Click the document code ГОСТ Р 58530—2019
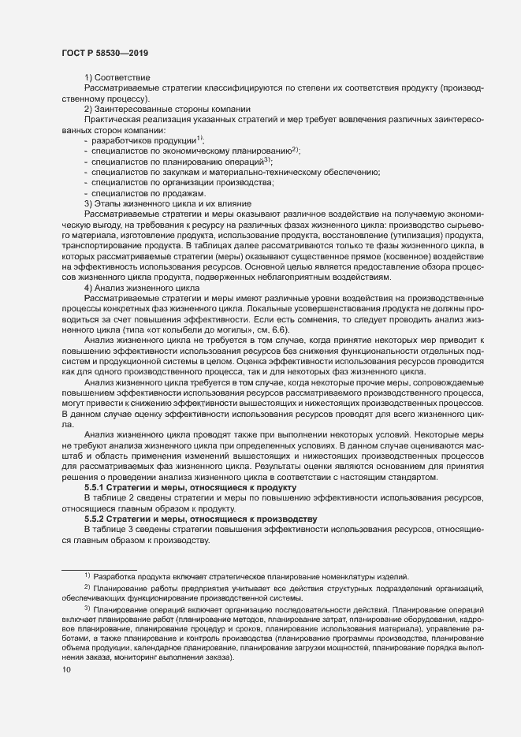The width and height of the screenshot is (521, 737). pyautogui.click(x=104, y=53)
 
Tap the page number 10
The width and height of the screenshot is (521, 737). pyautogui.click(x=66, y=670)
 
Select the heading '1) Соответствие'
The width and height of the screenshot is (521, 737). pyautogui.click(x=118, y=76)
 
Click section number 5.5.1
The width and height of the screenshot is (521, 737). pyautogui.click(x=97, y=489)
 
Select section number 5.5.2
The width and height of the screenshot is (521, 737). pyautogui.click(x=97, y=519)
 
